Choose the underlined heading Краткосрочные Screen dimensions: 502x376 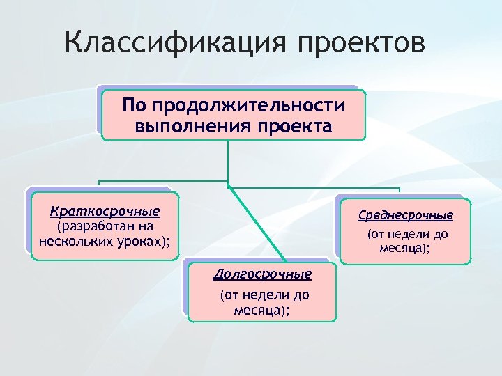[105, 211]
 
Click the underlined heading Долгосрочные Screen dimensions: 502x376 [262, 274]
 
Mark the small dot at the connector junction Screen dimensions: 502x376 [228, 187]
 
